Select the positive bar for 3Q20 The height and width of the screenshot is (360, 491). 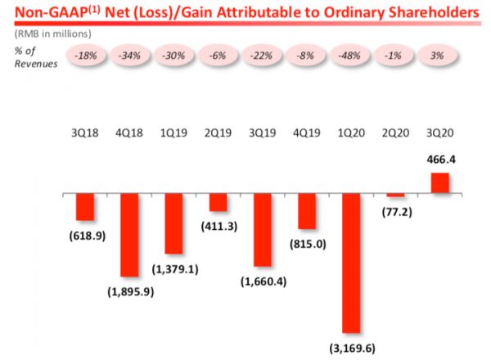[x=440, y=183]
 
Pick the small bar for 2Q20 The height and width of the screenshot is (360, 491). [x=396, y=196]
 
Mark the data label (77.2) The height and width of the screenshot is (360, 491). [x=396, y=212]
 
